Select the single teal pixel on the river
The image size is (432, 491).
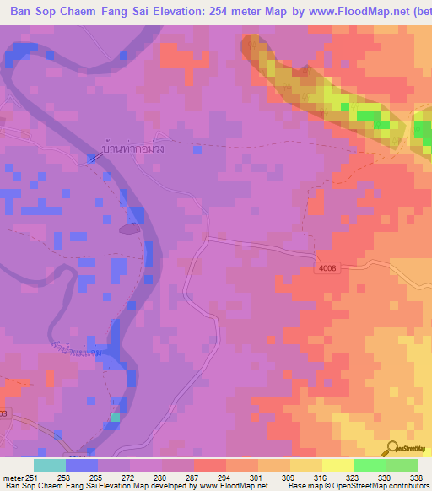click(x=115, y=417)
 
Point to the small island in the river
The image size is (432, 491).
click(x=130, y=228)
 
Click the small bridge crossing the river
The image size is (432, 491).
click(x=92, y=157)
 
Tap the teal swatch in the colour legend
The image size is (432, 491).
click(x=50, y=465)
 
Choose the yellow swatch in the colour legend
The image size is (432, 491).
click(x=338, y=465)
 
